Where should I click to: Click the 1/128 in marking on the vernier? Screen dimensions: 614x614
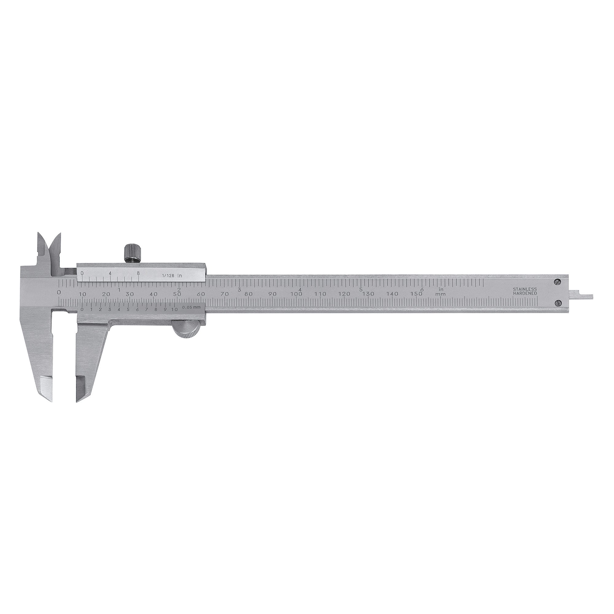point(172,276)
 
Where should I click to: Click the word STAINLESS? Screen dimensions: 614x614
point(525,289)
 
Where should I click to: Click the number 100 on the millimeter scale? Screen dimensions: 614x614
point(296,294)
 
